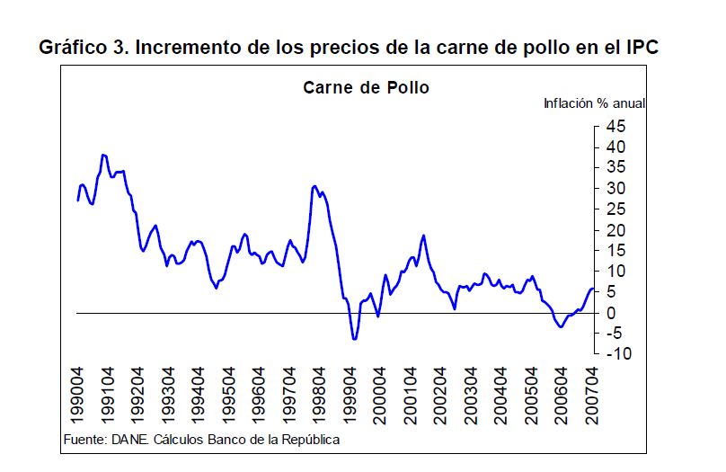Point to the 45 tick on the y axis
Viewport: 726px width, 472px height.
pyautogui.click(x=615, y=126)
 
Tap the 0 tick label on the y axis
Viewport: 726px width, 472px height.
pyautogui.click(x=610, y=312)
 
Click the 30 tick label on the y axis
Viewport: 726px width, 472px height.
pyautogui.click(x=615, y=188)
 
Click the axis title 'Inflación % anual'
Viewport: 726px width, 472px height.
pyautogui.click(x=594, y=103)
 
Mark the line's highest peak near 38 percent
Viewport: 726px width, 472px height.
pyautogui.click(x=104, y=155)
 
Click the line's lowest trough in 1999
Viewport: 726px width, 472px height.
pyautogui.click(x=355, y=339)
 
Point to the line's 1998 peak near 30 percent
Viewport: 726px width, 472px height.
pyautogui.click(x=314, y=186)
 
